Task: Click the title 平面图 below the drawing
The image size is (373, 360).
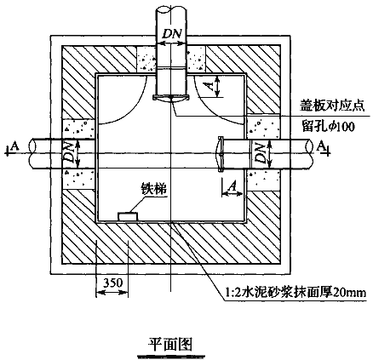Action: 170,345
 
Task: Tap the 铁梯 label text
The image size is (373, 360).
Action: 154,189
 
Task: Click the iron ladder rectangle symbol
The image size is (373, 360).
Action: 128,216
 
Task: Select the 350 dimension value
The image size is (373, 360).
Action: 112,283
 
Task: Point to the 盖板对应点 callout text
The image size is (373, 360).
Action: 332,106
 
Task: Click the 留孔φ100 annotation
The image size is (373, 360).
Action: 328,126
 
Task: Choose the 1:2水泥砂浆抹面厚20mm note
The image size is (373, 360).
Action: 296,292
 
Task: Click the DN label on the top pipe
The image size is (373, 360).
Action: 171,34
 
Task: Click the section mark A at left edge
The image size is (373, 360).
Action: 14,146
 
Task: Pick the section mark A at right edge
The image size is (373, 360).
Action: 320,146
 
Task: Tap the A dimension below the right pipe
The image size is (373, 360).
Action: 232,186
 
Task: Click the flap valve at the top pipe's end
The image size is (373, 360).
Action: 171,99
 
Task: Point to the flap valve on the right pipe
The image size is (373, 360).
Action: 219,154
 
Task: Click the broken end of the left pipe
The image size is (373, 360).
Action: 32,153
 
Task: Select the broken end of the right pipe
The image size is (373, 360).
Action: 310,153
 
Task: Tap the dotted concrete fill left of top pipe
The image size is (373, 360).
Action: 146,60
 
